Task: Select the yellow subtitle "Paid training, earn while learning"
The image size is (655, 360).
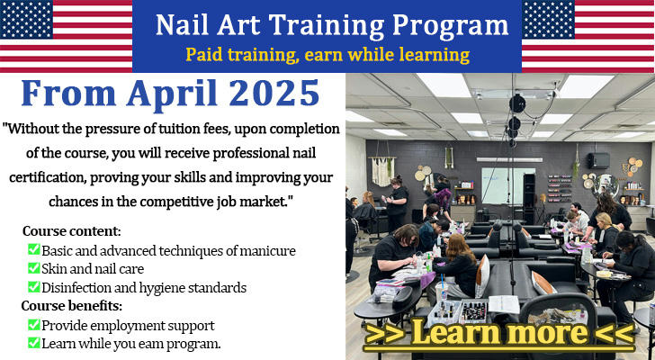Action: [327, 55]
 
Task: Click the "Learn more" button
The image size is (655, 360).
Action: [499, 332]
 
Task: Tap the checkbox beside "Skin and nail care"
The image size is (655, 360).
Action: [33, 268]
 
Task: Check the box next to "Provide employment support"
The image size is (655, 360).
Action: [33, 325]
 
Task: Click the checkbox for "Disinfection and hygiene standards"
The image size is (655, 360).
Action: [33, 287]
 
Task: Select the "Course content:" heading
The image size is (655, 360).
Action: [71, 231]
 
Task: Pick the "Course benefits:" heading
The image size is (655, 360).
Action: [71, 306]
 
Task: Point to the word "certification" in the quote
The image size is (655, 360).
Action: [47, 177]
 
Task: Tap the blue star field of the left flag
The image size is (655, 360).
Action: [26, 19]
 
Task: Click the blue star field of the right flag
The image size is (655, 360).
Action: [548, 19]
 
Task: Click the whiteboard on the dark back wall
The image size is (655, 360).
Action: [508, 185]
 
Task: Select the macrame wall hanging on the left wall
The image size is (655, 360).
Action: [383, 170]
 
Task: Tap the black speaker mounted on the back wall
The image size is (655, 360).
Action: [598, 161]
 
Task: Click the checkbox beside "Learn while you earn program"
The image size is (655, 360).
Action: [33, 343]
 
